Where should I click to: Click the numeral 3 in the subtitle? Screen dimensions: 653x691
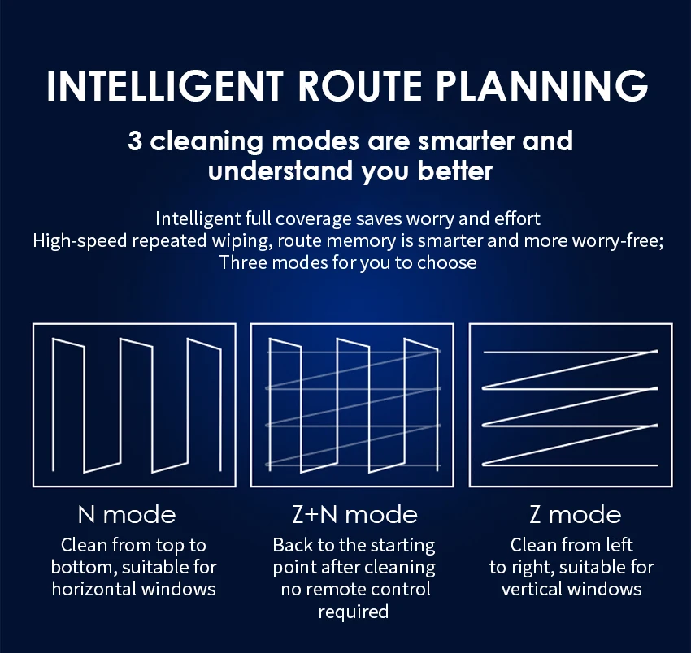pyautogui.click(x=136, y=141)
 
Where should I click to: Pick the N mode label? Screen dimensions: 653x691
pyautogui.click(x=126, y=514)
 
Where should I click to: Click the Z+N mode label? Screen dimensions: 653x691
pyautogui.click(x=354, y=514)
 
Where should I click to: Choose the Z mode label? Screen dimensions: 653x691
pyautogui.click(x=575, y=514)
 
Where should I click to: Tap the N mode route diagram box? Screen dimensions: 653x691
pyautogui.click(x=134, y=404)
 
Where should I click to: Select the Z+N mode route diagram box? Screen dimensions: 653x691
pyautogui.click(x=352, y=404)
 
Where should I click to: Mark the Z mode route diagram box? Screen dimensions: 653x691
pyautogui.click(x=571, y=404)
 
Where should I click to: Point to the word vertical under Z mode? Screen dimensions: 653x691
pyautogui.click(x=532, y=588)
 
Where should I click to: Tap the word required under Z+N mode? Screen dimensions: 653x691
pyautogui.click(x=353, y=610)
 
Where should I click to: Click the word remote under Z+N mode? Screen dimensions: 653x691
pyautogui.click(x=333, y=588)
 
